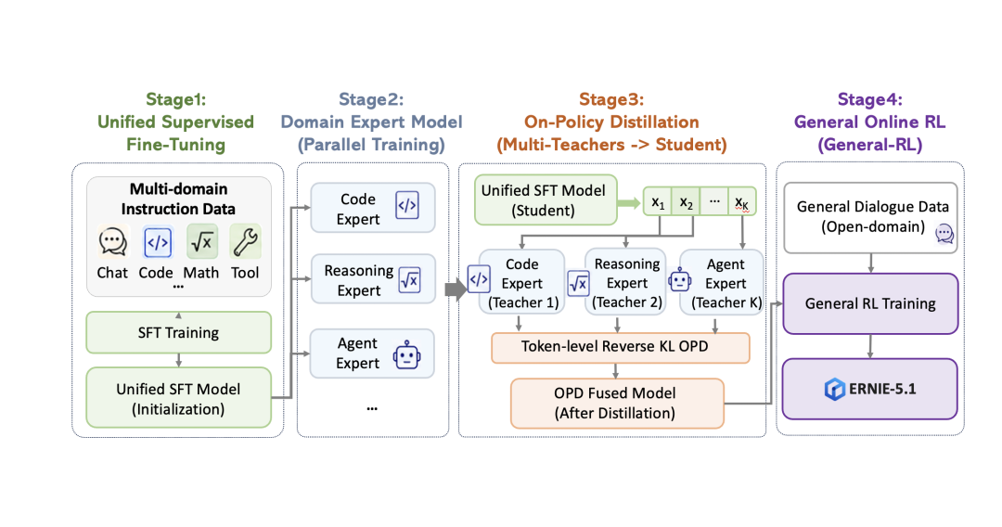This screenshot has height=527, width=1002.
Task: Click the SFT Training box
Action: (178, 332)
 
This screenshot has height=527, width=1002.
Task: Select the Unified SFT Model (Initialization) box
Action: (178, 398)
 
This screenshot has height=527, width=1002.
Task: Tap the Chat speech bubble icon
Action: (112, 242)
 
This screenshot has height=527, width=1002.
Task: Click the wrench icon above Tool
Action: (245, 242)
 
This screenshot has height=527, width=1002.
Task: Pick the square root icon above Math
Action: (202, 242)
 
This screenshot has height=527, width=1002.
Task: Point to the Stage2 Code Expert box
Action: (373, 208)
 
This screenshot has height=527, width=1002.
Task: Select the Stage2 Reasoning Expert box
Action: (373, 279)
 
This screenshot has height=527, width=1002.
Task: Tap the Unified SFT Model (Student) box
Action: (546, 199)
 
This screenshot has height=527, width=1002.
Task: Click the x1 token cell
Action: (658, 202)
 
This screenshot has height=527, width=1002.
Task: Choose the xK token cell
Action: (742, 202)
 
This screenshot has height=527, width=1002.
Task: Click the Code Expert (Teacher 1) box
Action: (521, 282)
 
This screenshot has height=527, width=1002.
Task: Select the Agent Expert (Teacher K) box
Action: (722, 282)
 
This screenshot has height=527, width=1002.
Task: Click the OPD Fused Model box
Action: (617, 404)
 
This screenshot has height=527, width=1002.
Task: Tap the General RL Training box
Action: (870, 303)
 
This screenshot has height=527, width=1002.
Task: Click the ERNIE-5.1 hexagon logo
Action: (835, 389)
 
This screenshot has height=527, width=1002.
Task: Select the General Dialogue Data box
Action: (870, 218)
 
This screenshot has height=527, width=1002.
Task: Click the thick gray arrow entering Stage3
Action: (456, 289)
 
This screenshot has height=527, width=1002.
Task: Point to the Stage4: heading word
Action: (869, 99)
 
